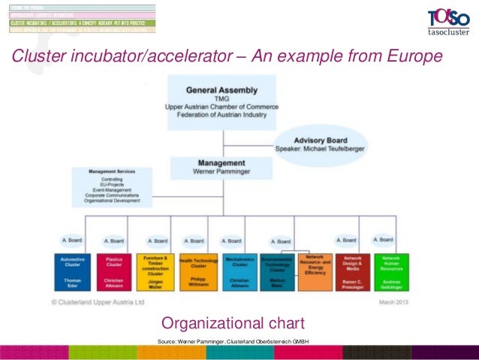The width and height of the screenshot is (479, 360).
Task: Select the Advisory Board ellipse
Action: click(321, 145)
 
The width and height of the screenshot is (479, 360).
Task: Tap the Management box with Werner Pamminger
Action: click(221, 167)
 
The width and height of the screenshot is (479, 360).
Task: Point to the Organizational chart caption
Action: click(233, 324)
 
